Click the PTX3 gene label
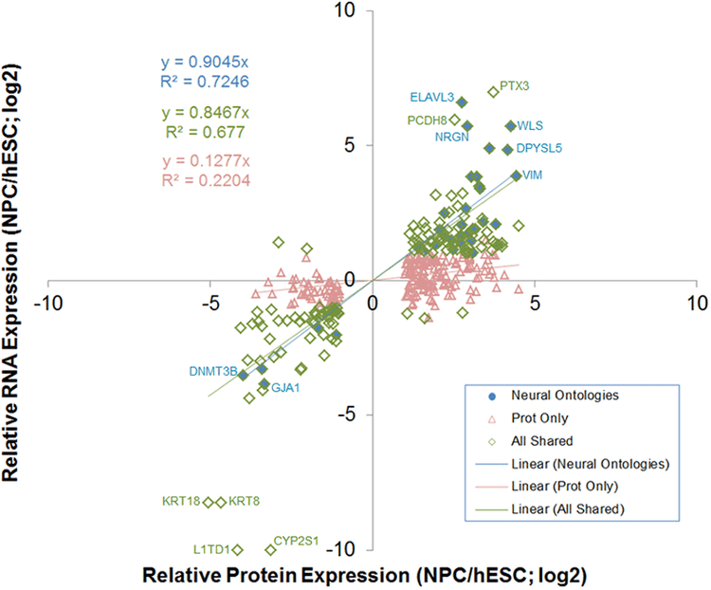514,85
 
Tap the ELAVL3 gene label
432,97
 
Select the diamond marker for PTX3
493,92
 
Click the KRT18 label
179,502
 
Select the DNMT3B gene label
211,372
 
